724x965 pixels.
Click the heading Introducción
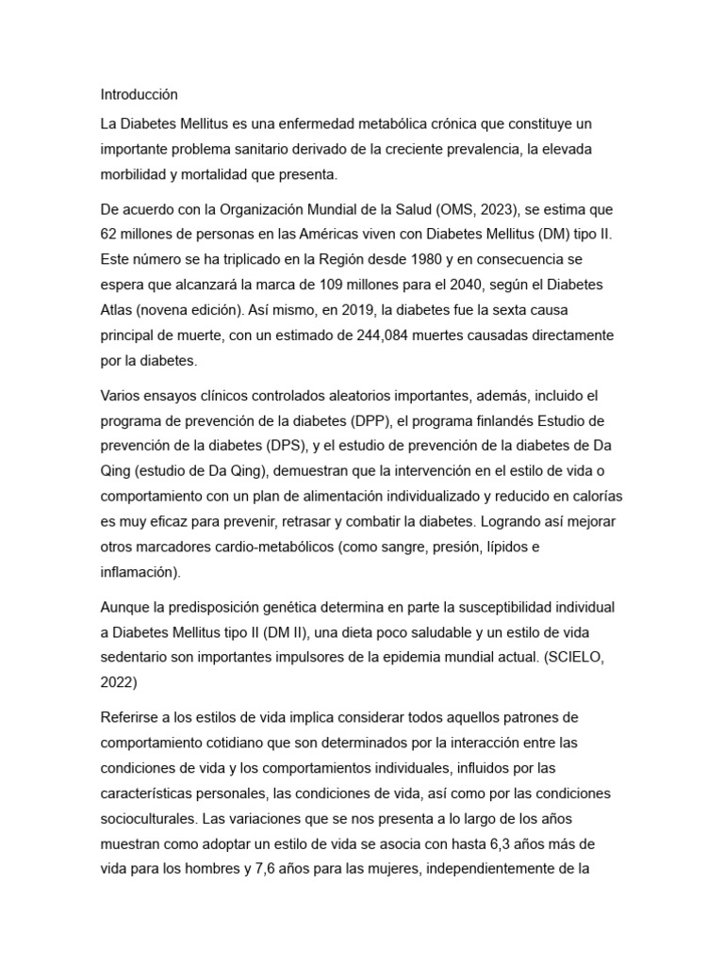point(139,94)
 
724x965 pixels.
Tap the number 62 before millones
point(109,233)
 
